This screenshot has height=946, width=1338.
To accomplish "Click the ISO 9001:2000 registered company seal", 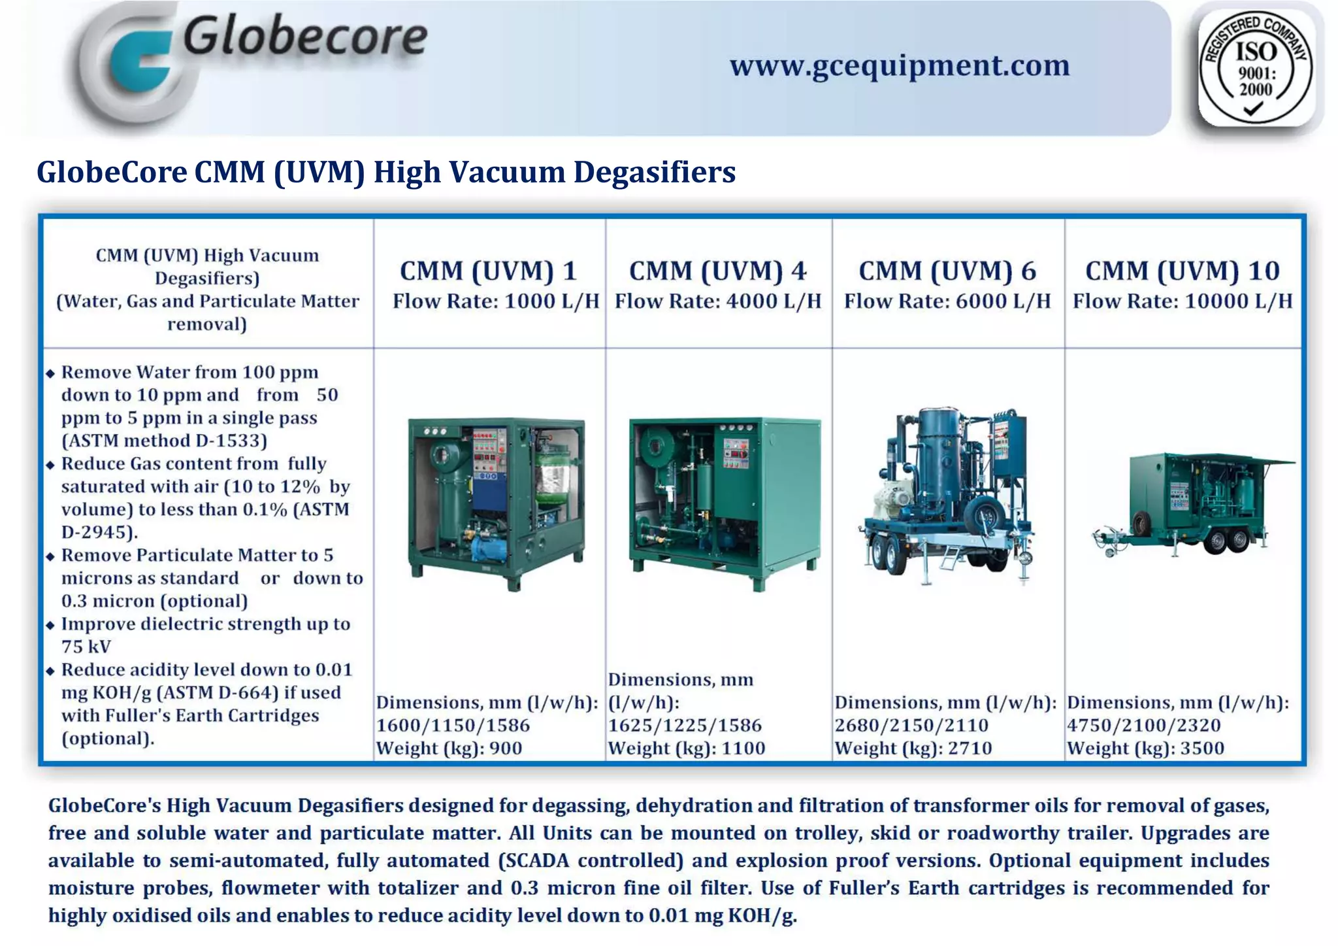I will (x=1256, y=69).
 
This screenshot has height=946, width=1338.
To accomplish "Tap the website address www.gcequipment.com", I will (x=900, y=65).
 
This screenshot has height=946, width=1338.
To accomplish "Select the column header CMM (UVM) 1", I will (x=488, y=271).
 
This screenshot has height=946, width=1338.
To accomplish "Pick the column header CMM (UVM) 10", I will (x=1182, y=271).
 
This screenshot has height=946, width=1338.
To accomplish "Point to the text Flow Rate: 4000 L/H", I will (x=718, y=301).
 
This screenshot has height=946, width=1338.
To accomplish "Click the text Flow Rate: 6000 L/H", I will (x=947, y=301).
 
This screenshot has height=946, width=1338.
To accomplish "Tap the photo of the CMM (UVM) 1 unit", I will (x=496, y=503).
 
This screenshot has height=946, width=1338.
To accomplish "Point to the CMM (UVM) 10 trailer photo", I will (x=1192, y=503).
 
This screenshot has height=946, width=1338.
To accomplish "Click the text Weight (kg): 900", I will (x=449, y=748).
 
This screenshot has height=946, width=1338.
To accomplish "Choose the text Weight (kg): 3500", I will (x=1145, y=748).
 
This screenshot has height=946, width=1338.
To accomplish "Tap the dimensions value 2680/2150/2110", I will (x=911, y=725).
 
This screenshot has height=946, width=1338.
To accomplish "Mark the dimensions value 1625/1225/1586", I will (x=685, y=725).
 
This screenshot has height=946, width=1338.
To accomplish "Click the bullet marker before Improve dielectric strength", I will (x=50, y=625).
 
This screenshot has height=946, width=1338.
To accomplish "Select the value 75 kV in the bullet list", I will (x=86, y=647).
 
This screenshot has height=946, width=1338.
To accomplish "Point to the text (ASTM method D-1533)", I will (x=164, y=441).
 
